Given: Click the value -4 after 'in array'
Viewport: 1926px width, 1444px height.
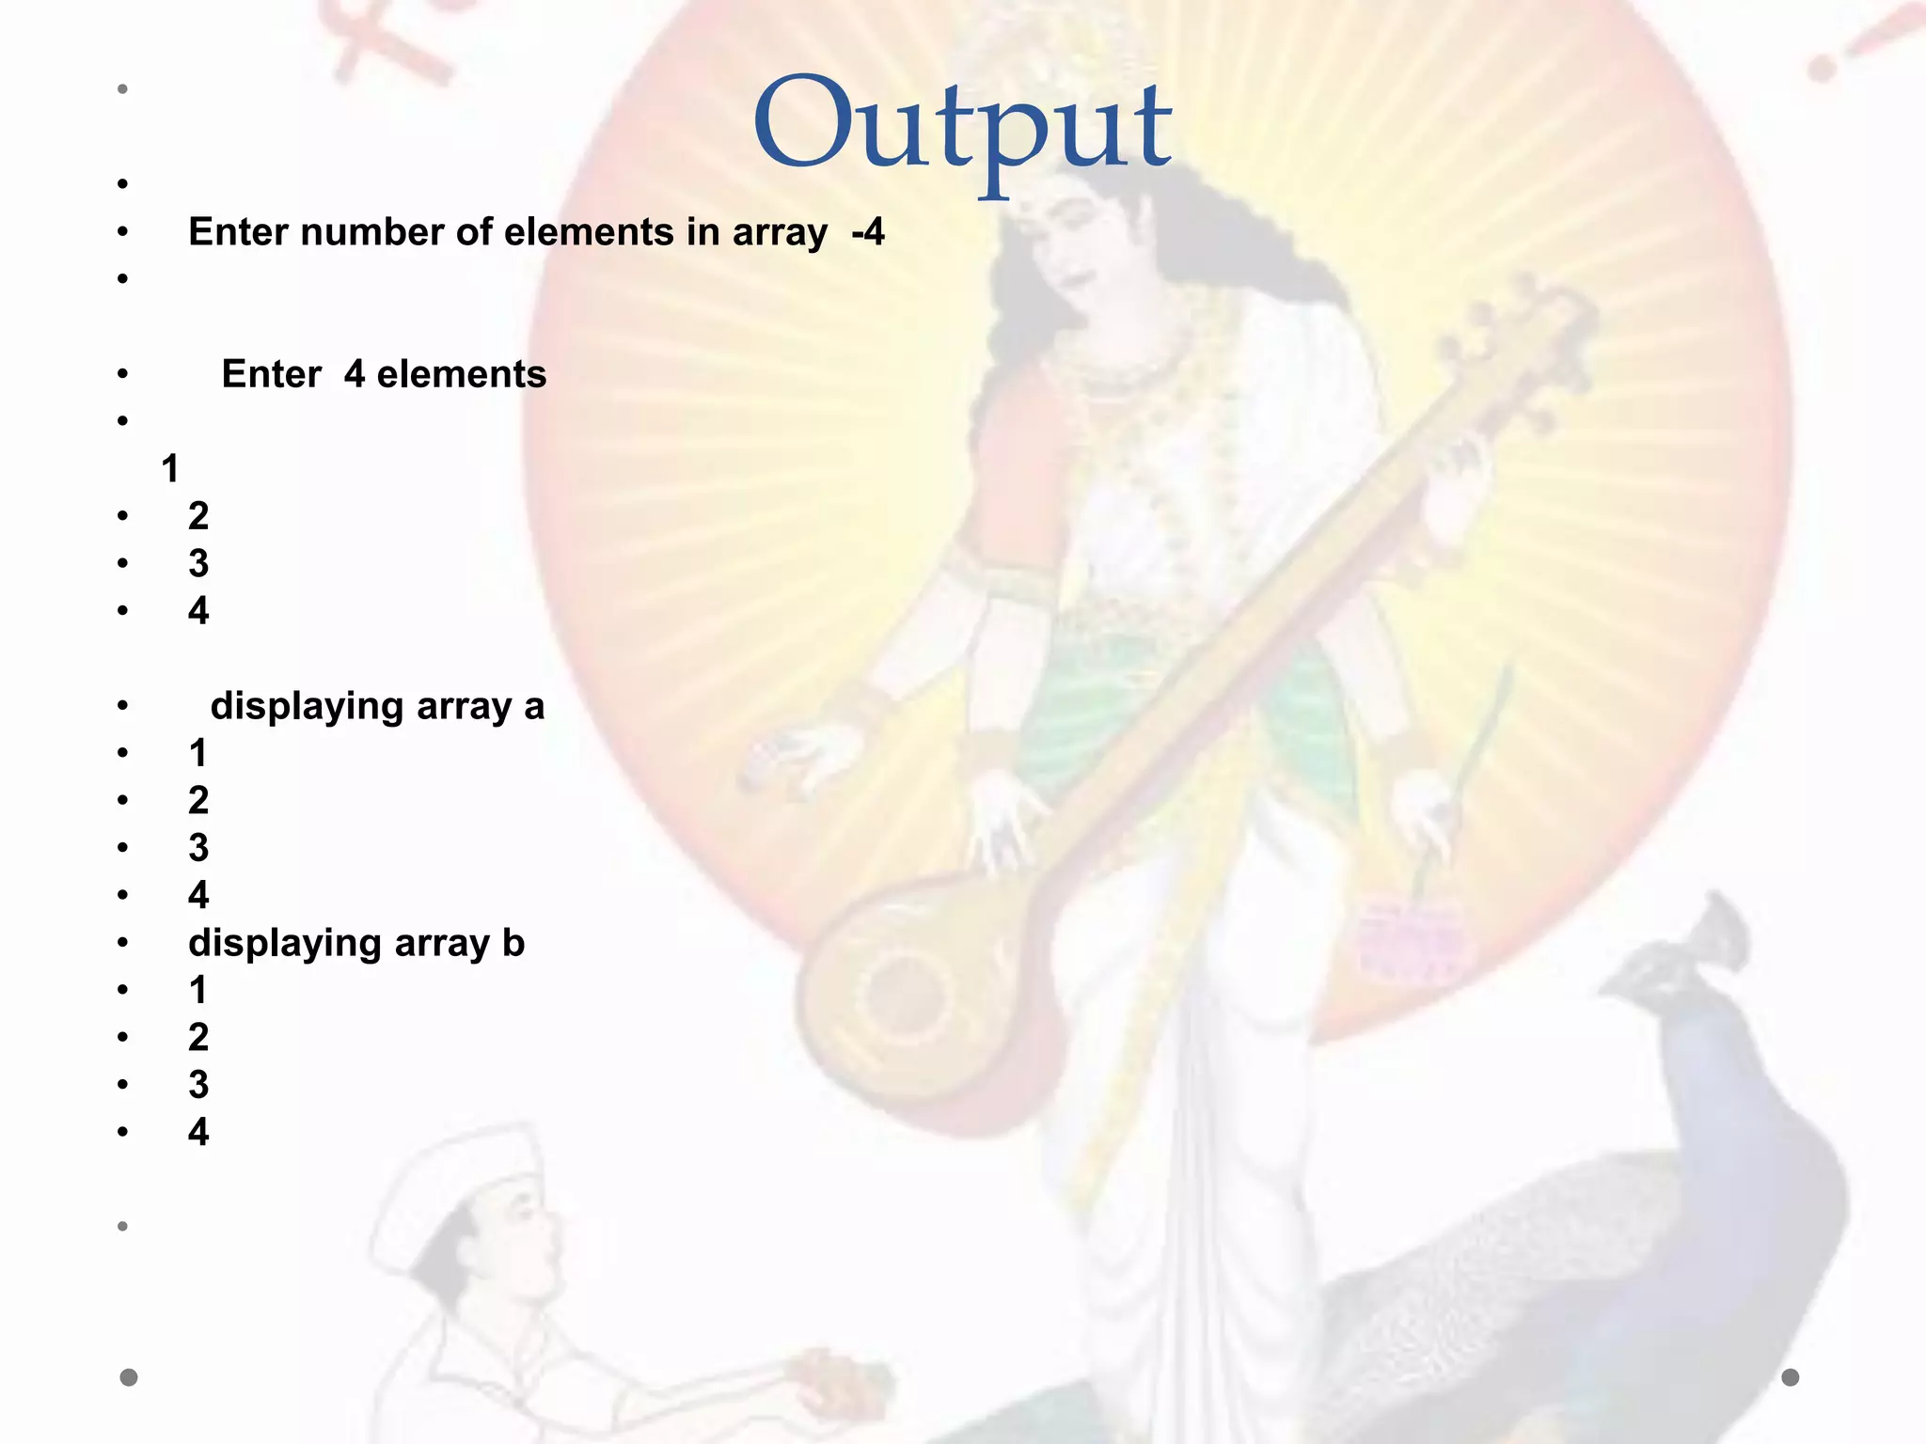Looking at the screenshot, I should [x=867, y=232].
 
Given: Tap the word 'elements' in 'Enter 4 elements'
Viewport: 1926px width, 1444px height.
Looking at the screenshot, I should [x=461, y=374].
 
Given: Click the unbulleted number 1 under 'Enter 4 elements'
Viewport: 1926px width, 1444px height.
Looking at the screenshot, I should [x=169, y=468].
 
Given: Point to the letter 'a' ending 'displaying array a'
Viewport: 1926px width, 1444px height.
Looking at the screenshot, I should [x=534, y=707].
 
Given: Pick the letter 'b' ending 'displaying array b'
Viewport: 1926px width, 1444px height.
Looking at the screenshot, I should [x=513, y=943].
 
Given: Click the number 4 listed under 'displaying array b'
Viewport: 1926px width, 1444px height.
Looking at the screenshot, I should [x=197, y=1132].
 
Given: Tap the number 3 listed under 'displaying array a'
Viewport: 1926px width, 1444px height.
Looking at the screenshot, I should [x=197, y=848].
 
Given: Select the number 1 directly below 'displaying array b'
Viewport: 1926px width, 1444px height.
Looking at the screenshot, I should [x=197, y=990].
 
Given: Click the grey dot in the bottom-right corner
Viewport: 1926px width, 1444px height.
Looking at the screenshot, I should [x=1790, y=1377].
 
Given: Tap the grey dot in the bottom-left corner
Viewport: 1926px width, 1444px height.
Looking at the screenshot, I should [x=129, y=1377].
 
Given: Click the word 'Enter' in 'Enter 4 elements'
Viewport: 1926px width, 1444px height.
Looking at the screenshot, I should [x=271, y=374].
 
